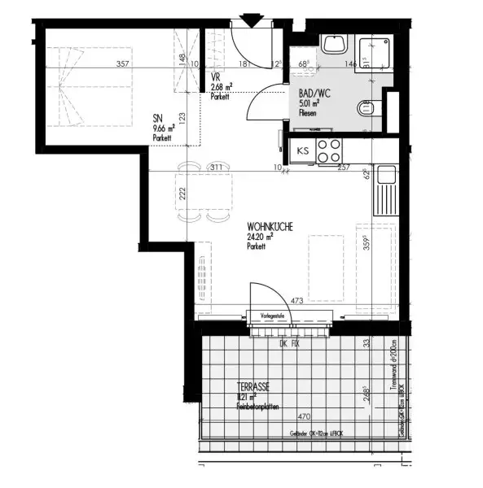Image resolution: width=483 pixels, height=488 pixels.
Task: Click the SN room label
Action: [x=157, y=119]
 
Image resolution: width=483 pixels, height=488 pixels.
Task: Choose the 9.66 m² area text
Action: [x=164, y=129]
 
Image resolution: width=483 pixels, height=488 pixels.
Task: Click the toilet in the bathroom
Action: [x=367, y=107]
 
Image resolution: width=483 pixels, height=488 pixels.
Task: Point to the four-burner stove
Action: [x=328, y=150]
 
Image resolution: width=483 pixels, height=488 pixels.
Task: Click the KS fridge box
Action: [x=302, y=150]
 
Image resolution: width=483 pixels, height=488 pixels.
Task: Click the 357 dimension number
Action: [x=123, y=63]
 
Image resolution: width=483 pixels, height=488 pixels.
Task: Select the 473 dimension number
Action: [x=296, y=301]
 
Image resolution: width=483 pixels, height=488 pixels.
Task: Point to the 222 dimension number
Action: [x=183, y=193]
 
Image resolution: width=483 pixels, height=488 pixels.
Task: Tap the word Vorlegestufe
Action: [x=271, y=315]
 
